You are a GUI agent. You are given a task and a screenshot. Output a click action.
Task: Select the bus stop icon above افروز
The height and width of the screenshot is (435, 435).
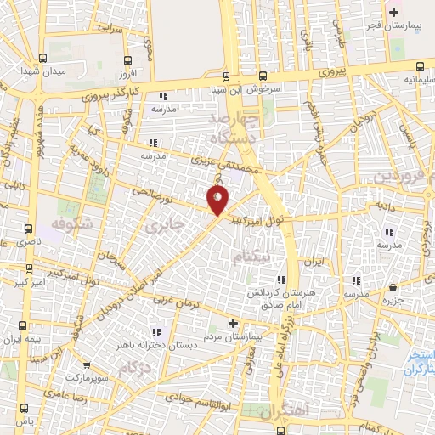(x=127, y=59)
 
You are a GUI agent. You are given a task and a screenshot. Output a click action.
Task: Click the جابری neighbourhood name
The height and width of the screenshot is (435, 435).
(x=163, y=227)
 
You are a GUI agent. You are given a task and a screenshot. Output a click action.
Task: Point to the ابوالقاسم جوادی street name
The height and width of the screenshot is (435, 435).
(x=198, y=397)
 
